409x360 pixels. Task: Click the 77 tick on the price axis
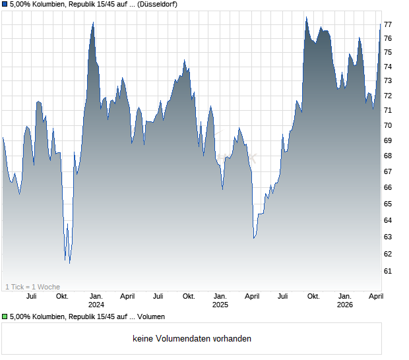click(x=388, y=24)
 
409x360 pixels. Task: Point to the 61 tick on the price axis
click(x=388, y=271)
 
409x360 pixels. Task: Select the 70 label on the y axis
click(x=388, y=126)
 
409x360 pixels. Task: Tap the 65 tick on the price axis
click(x=388, y=204)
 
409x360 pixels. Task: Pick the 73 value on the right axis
click(x=388, y=81)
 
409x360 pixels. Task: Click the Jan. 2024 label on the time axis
click(x=96, y=300)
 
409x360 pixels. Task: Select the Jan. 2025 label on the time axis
click(x=220, y=300)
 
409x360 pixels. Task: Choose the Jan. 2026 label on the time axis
click(x=344, y=300)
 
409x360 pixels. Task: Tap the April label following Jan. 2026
click(x=375, y=296)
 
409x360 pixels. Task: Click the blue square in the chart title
click(x=5, y=5)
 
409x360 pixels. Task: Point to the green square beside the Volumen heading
click(x=5, y=317)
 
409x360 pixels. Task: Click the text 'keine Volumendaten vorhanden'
click(x=192, y=339)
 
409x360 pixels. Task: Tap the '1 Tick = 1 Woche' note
click(x=32, y=287)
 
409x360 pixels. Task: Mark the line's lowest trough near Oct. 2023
click(x=69, y=262)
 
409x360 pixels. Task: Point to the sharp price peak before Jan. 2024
click(x=93, y=23)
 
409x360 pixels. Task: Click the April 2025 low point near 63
click(x=254, y=238)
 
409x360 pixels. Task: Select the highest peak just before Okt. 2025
click(x=306, y=18)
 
